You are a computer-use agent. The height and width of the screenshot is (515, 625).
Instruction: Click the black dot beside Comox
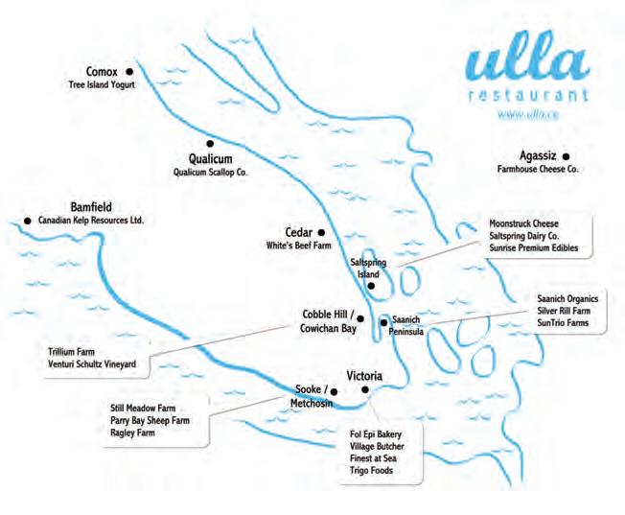coord(129,71)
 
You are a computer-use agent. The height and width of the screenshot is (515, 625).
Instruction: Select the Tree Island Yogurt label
coord(102,85)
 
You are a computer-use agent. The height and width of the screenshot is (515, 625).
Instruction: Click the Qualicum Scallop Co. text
coord(209,173)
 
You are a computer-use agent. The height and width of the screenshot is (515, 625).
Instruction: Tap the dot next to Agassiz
coord(566,154)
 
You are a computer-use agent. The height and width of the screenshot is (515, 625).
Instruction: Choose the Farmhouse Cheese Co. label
coord(538,169)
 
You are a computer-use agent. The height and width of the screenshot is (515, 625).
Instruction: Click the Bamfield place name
coord(92,206)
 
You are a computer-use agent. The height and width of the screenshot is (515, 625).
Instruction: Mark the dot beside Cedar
coord(321,232)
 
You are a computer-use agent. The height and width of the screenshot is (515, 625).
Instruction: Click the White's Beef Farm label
coord(298,246)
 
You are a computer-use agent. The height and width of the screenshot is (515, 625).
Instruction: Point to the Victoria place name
coord(364,377)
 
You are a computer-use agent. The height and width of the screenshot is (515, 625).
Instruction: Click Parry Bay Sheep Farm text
coord(150,420)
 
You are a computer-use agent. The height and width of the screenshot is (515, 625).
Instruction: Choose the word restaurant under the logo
coord(527,97)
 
